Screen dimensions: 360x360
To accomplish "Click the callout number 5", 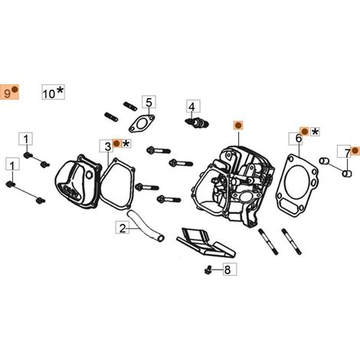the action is coord(149,103).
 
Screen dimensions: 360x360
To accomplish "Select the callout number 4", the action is coord(191,106).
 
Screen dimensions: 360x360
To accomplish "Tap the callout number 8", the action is coord(227,270).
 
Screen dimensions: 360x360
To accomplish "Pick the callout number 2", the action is coord(123,228).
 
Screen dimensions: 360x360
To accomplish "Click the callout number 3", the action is coord(108,147).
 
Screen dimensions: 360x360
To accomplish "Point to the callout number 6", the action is coord(299,139).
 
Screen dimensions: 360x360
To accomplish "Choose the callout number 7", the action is coord(348,153).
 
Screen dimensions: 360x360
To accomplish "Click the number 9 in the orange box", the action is coord(7,93).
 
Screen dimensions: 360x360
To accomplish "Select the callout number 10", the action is coord(49,93).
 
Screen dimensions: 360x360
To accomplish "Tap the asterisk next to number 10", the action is coord(60,90).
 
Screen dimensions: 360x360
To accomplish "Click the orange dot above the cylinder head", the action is coord(238,126).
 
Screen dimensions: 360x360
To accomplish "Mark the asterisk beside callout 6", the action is coord(316,132).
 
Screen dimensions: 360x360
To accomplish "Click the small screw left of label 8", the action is coord(208,270).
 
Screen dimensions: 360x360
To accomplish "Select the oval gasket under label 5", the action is coord(142,123).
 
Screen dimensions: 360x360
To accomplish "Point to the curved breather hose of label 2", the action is coord(146,225).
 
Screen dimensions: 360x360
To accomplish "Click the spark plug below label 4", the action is coord(197,122).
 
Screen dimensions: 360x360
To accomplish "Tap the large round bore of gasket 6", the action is coord(296,181).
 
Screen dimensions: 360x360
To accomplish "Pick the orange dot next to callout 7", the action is coord(355,151).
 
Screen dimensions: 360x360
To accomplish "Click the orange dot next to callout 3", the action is coord(116,143).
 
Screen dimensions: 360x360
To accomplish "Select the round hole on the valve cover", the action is coord(89,175).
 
